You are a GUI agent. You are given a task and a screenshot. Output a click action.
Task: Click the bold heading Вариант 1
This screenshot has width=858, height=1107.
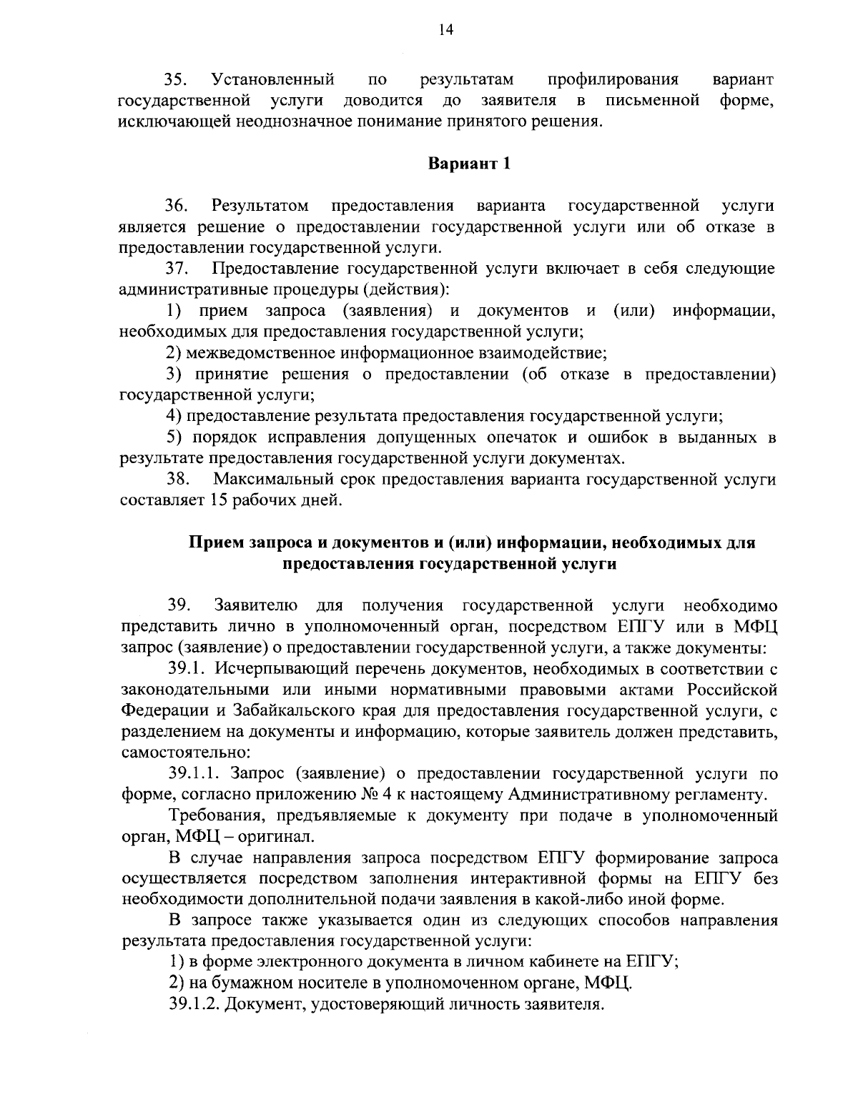pyautogui.click(x=470, y=163)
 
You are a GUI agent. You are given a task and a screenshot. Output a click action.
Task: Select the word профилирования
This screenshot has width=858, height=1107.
pyautogui.click(x=613, y=79)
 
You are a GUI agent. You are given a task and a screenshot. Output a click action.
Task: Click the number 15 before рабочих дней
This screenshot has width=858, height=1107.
pyautogui.click(x=220, y=500)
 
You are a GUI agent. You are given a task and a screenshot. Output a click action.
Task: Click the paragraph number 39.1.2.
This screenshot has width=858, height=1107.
pyautogui.click(x=194, y=1004)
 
